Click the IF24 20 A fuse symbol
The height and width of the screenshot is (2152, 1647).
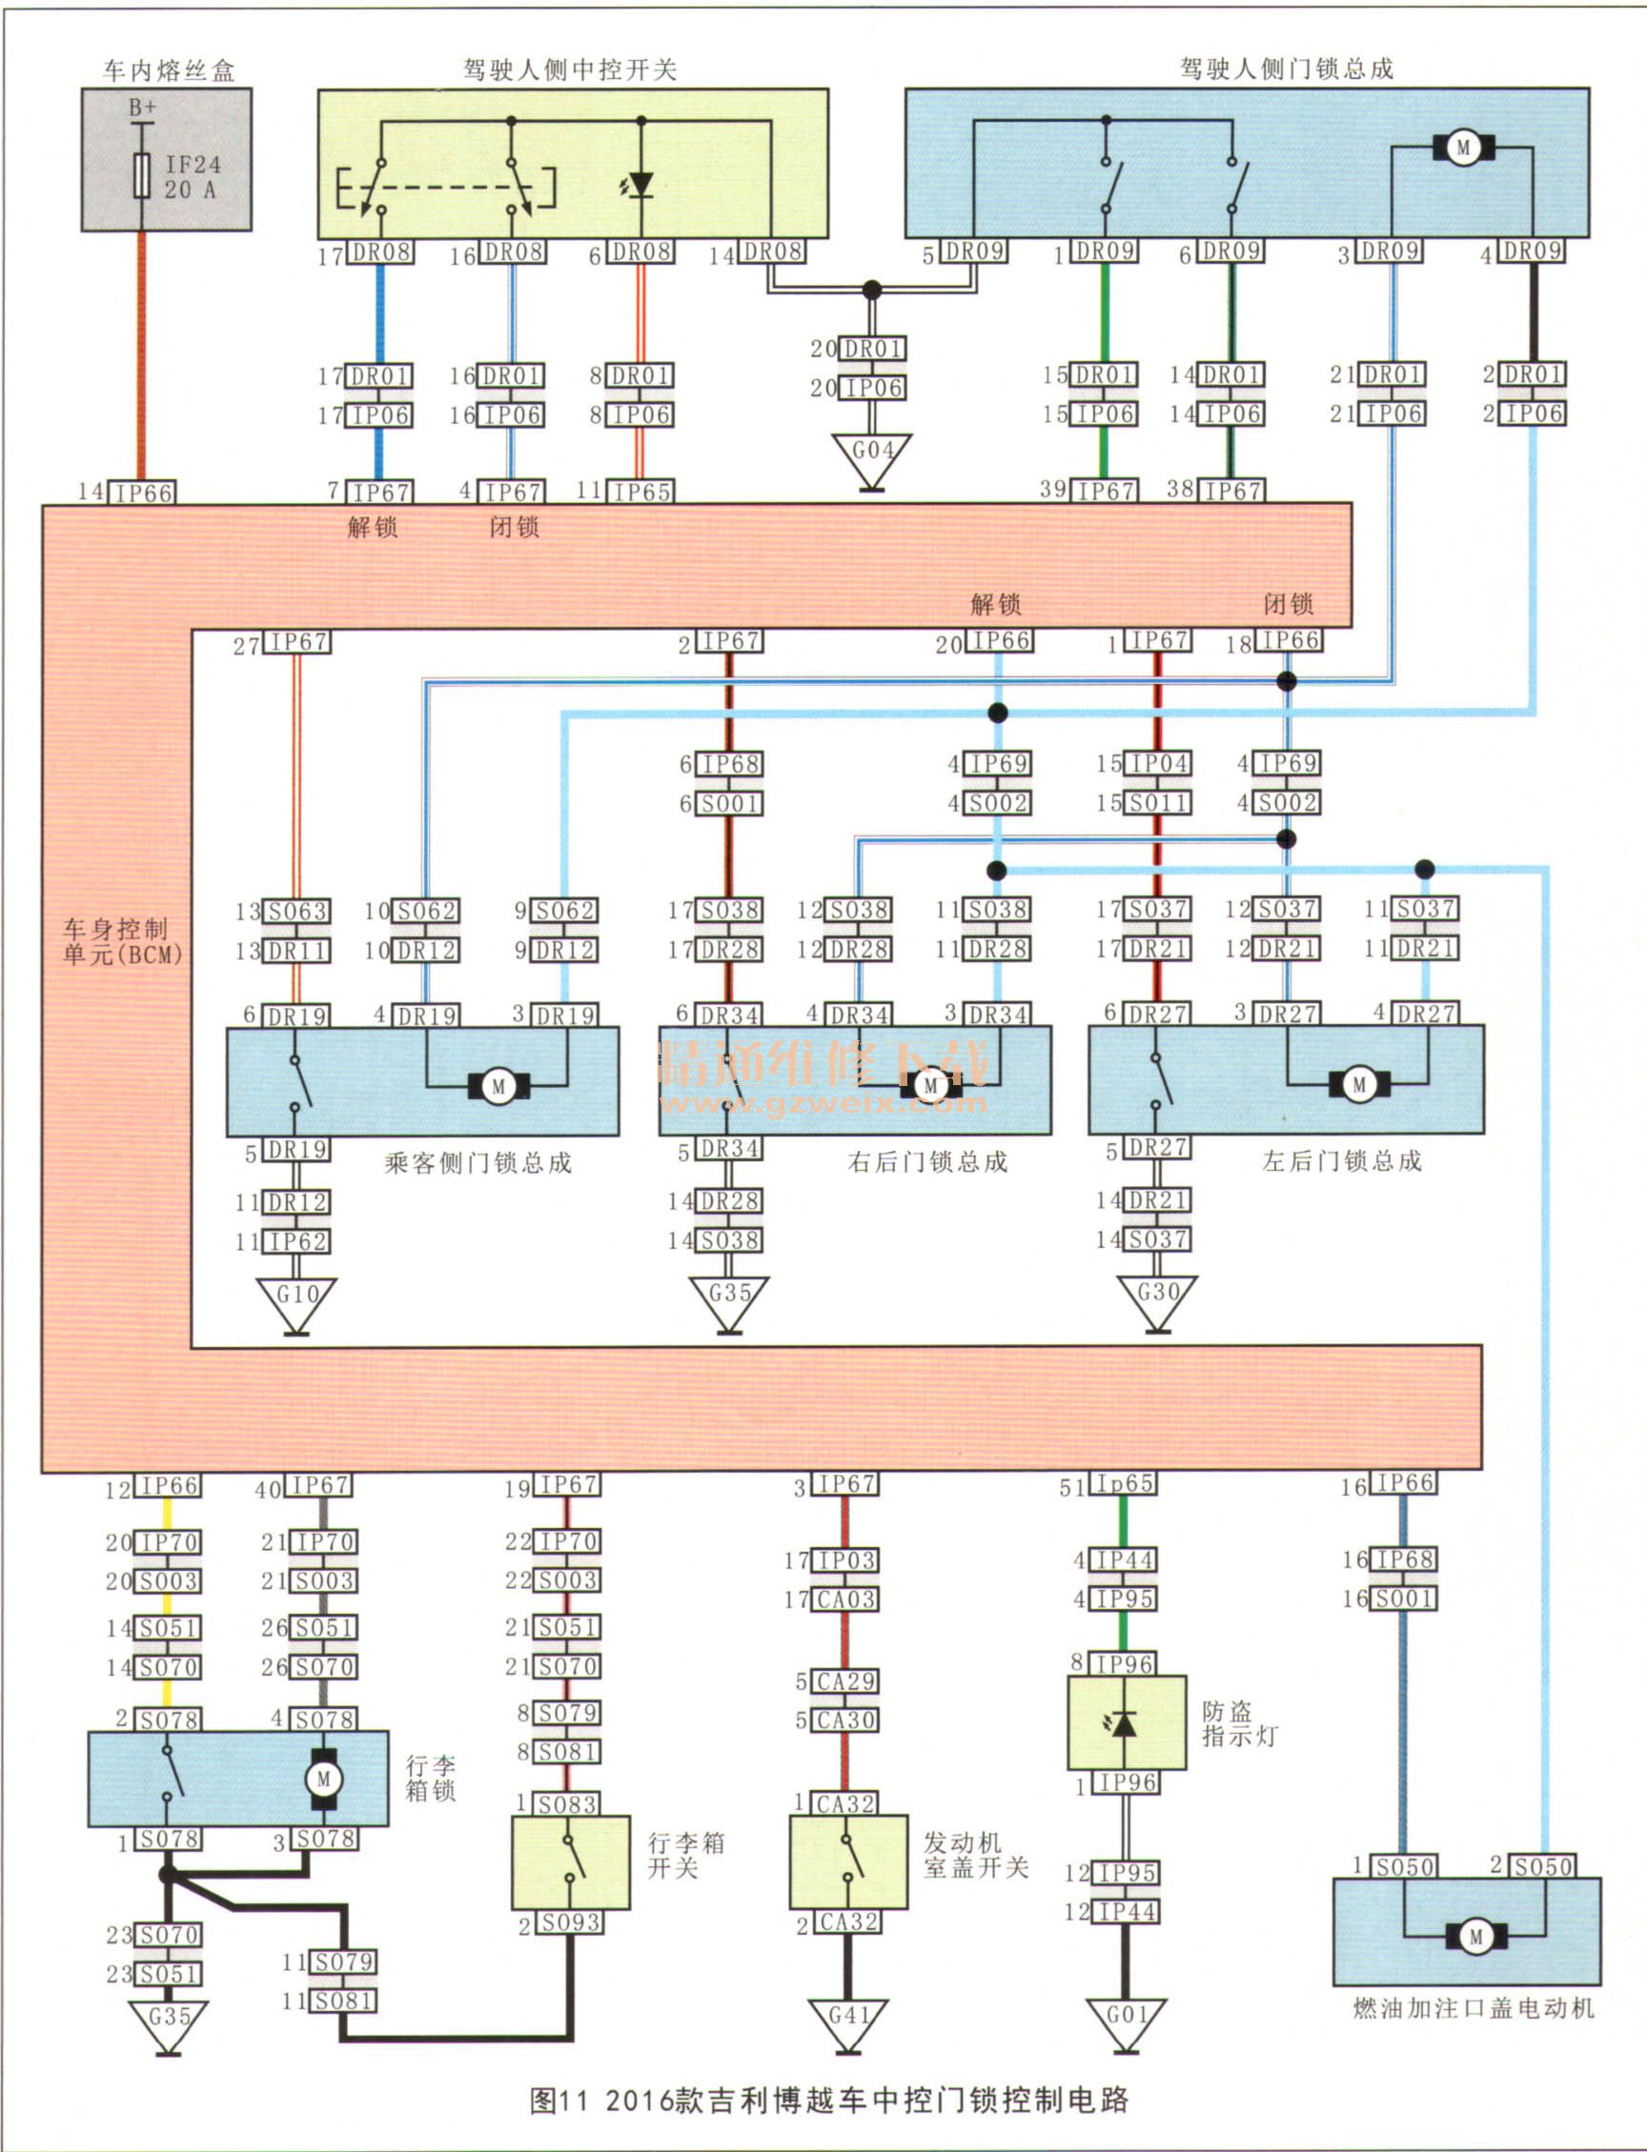tap(142, 176)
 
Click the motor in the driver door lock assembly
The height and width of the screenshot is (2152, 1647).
tap(1464, 149)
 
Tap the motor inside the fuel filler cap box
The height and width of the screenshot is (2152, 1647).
tap(1476, 1937)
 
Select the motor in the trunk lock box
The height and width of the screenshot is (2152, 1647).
tap(323, 1779)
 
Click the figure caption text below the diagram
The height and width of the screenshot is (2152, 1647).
tap(828, 2100)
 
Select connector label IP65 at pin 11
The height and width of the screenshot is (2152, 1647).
tap(642, 491)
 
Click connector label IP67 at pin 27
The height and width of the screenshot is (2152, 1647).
tap(299, 642)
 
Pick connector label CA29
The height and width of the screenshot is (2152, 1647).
tap(846, 1681)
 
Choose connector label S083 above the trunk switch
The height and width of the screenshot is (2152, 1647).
tap(569, 1804)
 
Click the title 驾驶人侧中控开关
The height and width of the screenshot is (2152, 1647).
tap(570, 70)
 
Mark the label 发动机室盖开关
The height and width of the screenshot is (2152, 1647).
tap(975, 1855)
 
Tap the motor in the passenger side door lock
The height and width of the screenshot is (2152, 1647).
tap(498, 1086)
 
